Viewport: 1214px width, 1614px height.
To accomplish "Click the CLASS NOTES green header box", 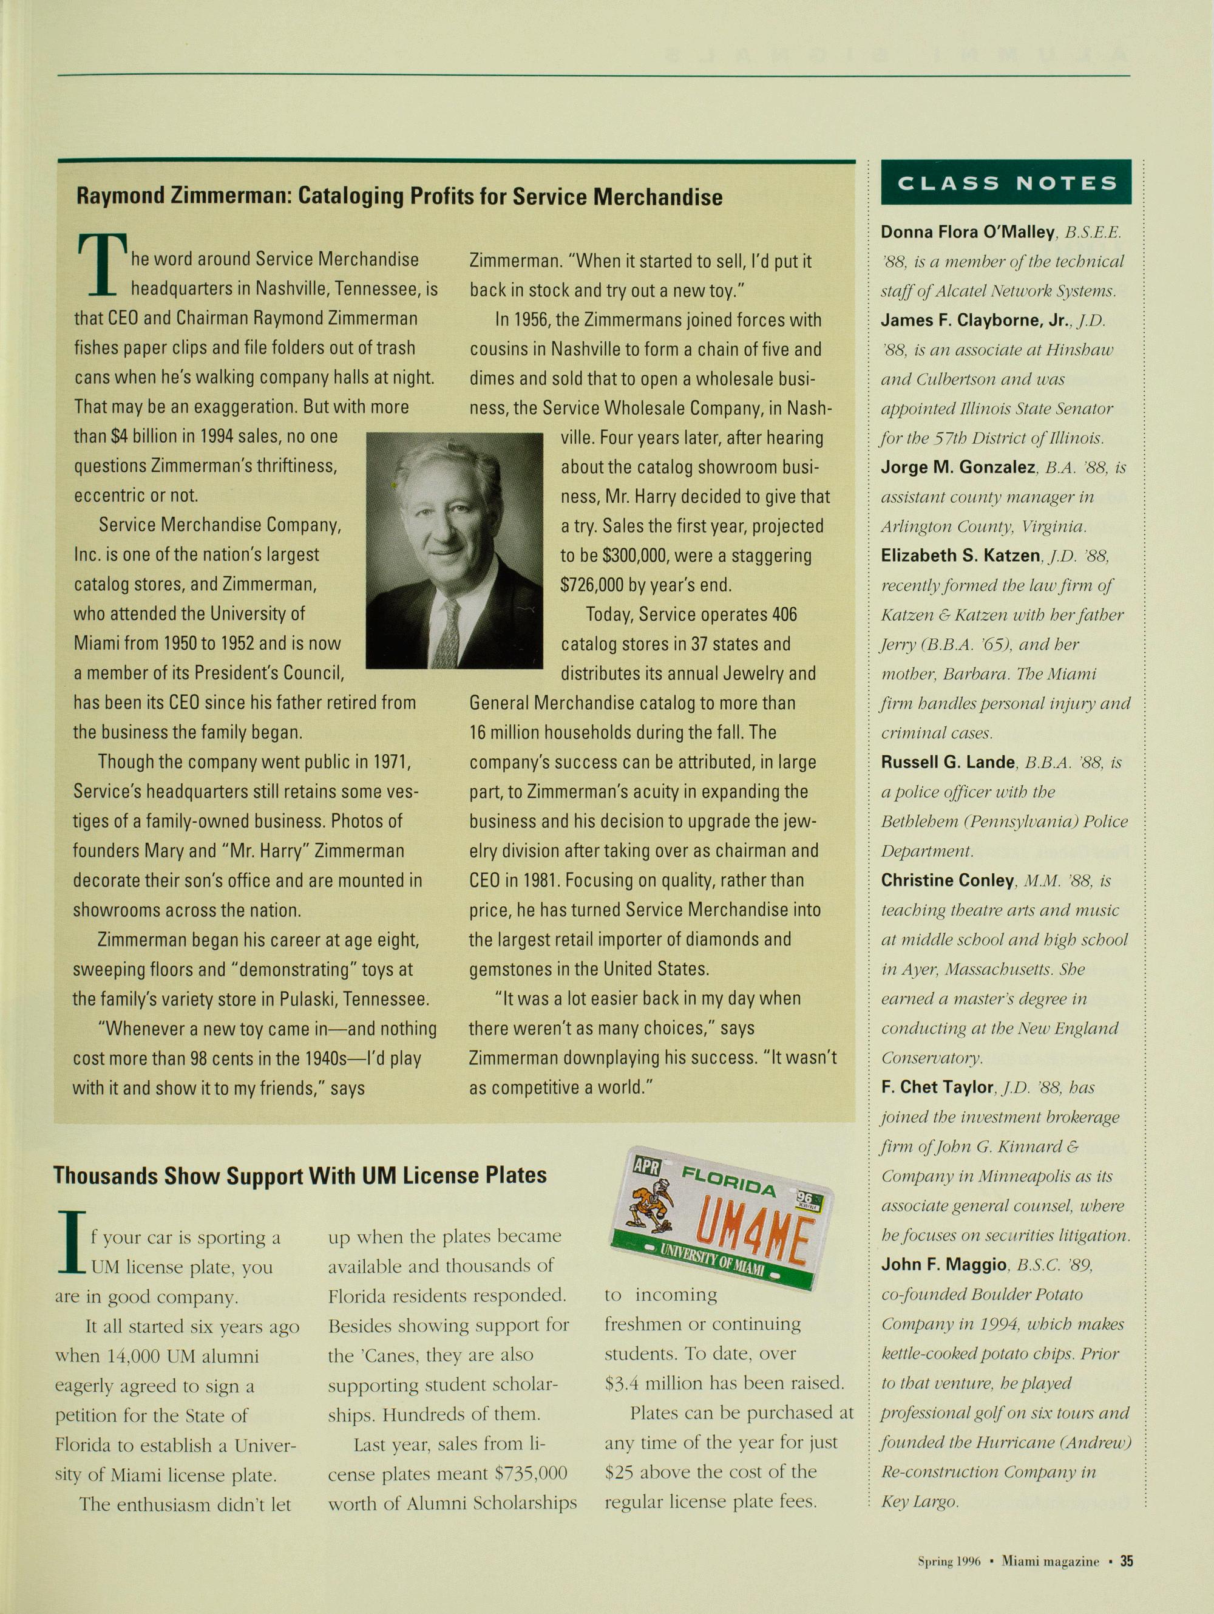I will point(1006,182).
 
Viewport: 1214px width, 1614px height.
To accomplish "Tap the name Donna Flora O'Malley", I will point(968,232).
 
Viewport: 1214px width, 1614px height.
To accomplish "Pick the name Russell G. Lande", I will point(948,763).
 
